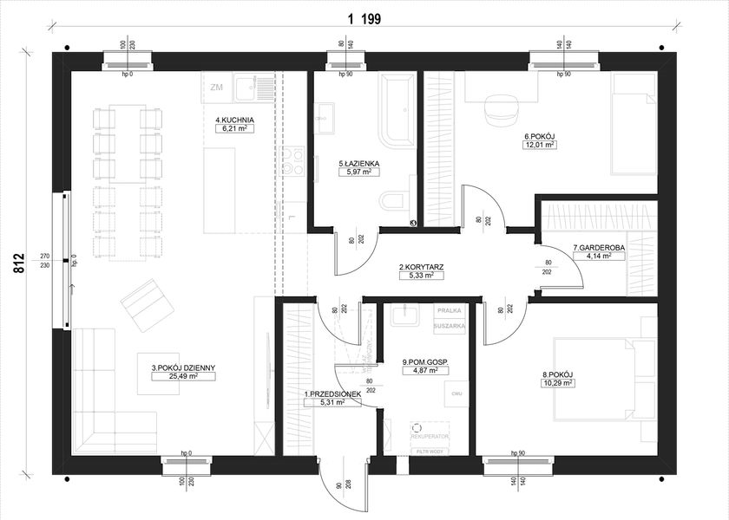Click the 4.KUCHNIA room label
234,119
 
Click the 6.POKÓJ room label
539,136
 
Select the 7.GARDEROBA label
599,249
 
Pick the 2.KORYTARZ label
421,267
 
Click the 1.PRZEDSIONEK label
325,394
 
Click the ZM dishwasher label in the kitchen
217,88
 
